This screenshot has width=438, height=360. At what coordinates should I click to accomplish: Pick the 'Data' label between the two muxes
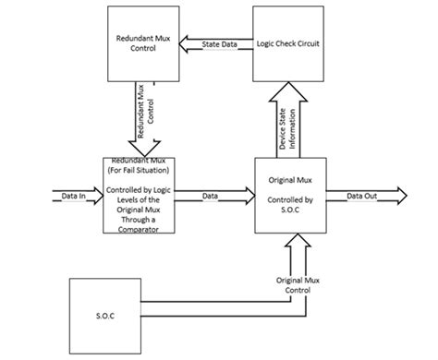point(211,195)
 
